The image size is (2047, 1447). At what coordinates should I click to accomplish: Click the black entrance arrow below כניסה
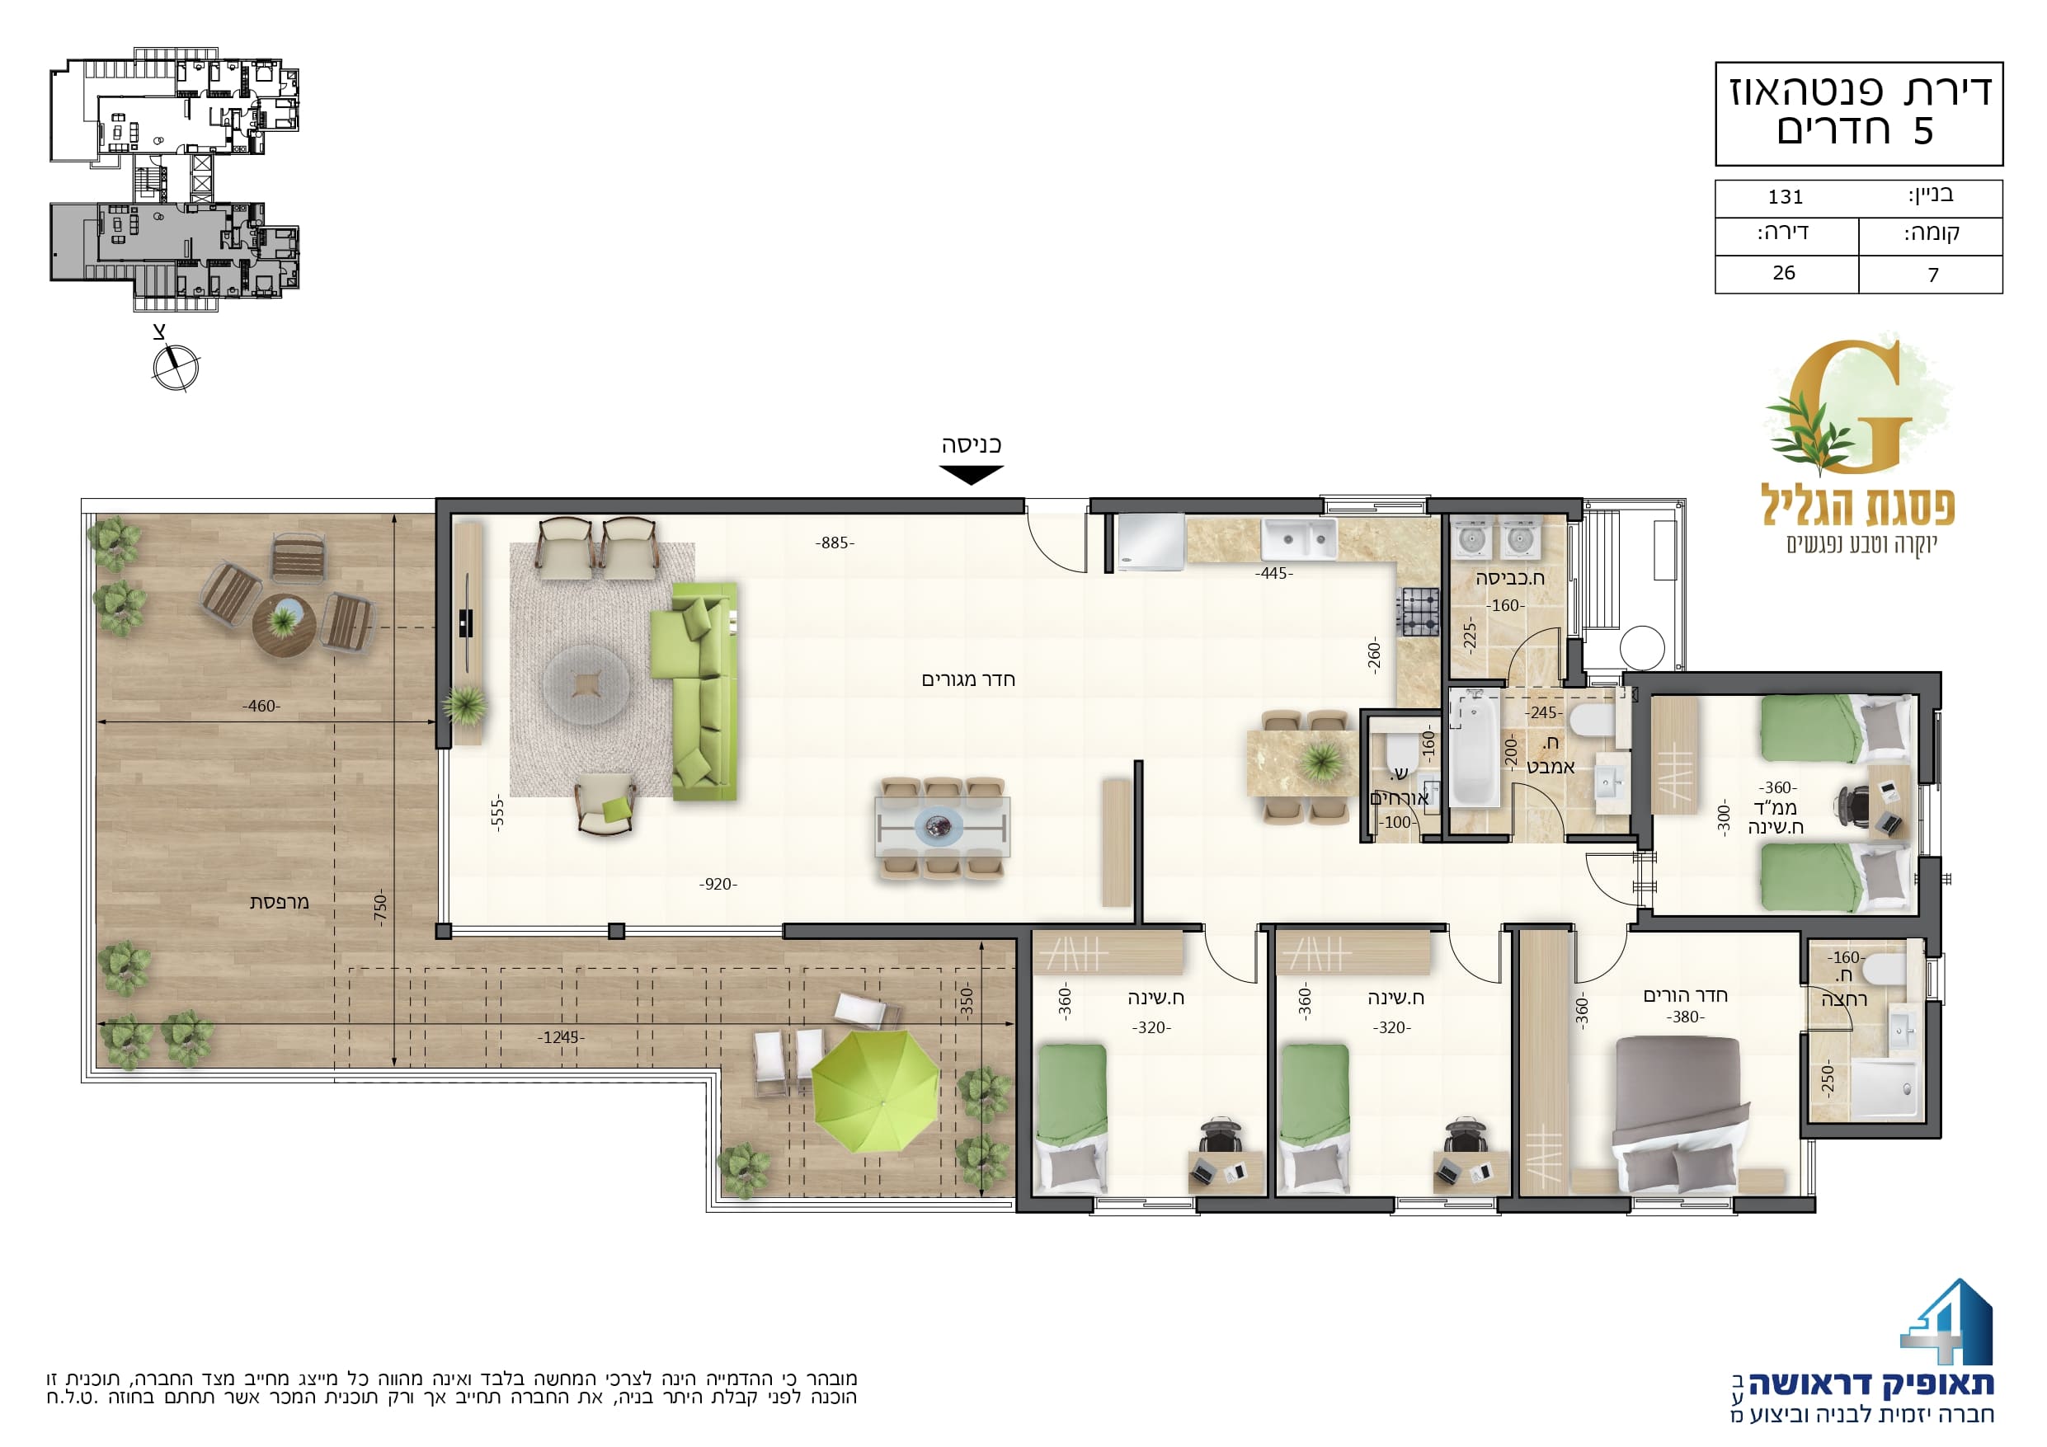[x=972, y=474]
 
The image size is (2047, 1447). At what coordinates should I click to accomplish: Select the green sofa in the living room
[x=694, y=691]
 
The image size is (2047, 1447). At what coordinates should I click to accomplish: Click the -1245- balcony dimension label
[x=561, y=1037]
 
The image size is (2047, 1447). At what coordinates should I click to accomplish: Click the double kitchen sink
[x=1298, y=538]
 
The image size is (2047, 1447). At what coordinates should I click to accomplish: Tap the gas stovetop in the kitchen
[x=1418, y=612]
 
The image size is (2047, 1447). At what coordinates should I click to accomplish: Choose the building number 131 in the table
[x=1786, y=197]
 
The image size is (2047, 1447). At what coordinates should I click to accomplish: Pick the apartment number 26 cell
[x=1784, y=273]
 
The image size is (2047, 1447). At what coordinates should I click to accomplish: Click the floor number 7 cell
[x=1933, y=275]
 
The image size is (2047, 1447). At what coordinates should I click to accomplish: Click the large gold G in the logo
[x=1849, y=406]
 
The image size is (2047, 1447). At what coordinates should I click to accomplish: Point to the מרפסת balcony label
[x=279, y=901]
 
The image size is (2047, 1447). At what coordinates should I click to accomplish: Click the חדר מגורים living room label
[x=968, y=679]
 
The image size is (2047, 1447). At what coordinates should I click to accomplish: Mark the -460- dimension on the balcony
[x=261, y=706]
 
